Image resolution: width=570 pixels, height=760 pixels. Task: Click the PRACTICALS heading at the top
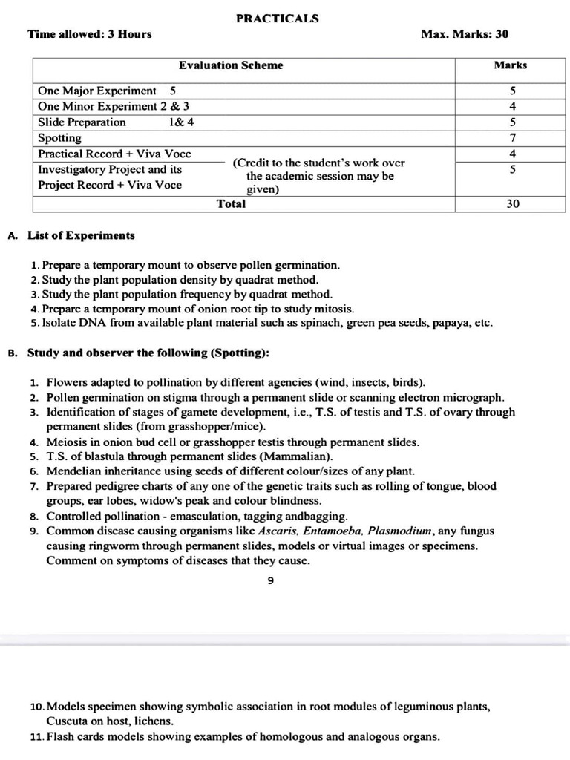pyautogui.click(x=277, y=19)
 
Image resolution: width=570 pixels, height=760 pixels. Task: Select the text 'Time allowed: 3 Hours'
pyautogui.click(x=89, y=34)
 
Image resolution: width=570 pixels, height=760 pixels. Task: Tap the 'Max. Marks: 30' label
pyautogui.click(x=465, y=34)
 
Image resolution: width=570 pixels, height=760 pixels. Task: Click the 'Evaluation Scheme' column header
pyautogui.click(x=231, y=65)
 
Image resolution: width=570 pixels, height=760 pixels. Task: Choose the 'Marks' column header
pyautogui.click(x=511, y=65)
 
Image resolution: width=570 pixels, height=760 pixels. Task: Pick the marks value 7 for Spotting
pyautogui.click(x=512, y=138)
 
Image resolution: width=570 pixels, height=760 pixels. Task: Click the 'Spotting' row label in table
pyautogui.click(x=60, y=138)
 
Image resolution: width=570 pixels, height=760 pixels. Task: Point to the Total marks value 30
pyautogui.click(x=513, y=204)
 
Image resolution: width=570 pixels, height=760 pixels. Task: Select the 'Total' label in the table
pyautogui.click(x=231, y=203)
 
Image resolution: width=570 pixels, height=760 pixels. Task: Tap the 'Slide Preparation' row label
pyautogui.click(x=82, y=122)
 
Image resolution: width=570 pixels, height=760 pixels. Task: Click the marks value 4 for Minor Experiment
pyautogui.click(x=512, y=106)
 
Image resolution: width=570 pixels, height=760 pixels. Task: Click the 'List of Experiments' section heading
pyautogui.click(x=81, y=236)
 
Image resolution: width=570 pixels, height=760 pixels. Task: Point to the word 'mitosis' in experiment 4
pyautogui.click(x=335, y=309)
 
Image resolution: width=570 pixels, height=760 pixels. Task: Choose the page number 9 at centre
pyautogui.click(x=270, y=581)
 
